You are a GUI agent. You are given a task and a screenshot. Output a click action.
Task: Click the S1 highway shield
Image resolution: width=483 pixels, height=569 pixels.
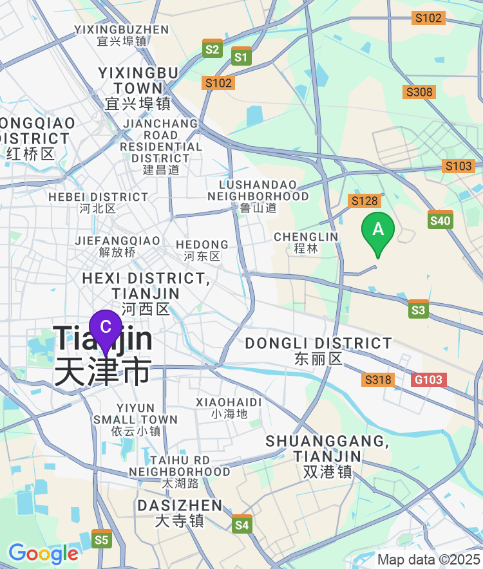241,56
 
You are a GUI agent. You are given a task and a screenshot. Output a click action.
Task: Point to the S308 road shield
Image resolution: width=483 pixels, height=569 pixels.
419,92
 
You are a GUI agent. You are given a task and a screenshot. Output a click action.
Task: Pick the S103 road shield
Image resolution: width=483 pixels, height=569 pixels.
459,166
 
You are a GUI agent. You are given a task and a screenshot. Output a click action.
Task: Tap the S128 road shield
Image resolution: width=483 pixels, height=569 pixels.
364,201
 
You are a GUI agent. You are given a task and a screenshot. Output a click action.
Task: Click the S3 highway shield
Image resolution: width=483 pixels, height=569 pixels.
418,310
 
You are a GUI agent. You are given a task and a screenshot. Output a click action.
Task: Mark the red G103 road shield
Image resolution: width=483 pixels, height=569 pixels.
429,379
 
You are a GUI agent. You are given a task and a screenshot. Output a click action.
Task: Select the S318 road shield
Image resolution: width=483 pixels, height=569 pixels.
378,379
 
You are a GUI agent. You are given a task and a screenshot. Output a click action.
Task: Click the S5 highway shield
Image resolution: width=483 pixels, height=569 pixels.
101,539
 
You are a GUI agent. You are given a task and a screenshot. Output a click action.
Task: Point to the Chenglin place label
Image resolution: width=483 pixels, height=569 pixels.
306,242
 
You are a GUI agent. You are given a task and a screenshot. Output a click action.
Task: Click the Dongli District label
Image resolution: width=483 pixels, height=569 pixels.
318,350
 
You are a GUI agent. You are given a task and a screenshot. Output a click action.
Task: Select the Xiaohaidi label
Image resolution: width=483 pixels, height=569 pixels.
229,407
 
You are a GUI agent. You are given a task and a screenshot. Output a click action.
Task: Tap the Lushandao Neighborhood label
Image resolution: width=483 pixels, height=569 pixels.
258,196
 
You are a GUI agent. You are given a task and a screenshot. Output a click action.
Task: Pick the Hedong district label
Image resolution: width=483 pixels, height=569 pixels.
202,250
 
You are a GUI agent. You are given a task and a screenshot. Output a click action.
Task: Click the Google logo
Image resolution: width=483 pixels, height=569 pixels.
43,553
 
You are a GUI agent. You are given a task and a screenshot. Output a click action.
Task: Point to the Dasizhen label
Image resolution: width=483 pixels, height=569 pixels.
180,512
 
